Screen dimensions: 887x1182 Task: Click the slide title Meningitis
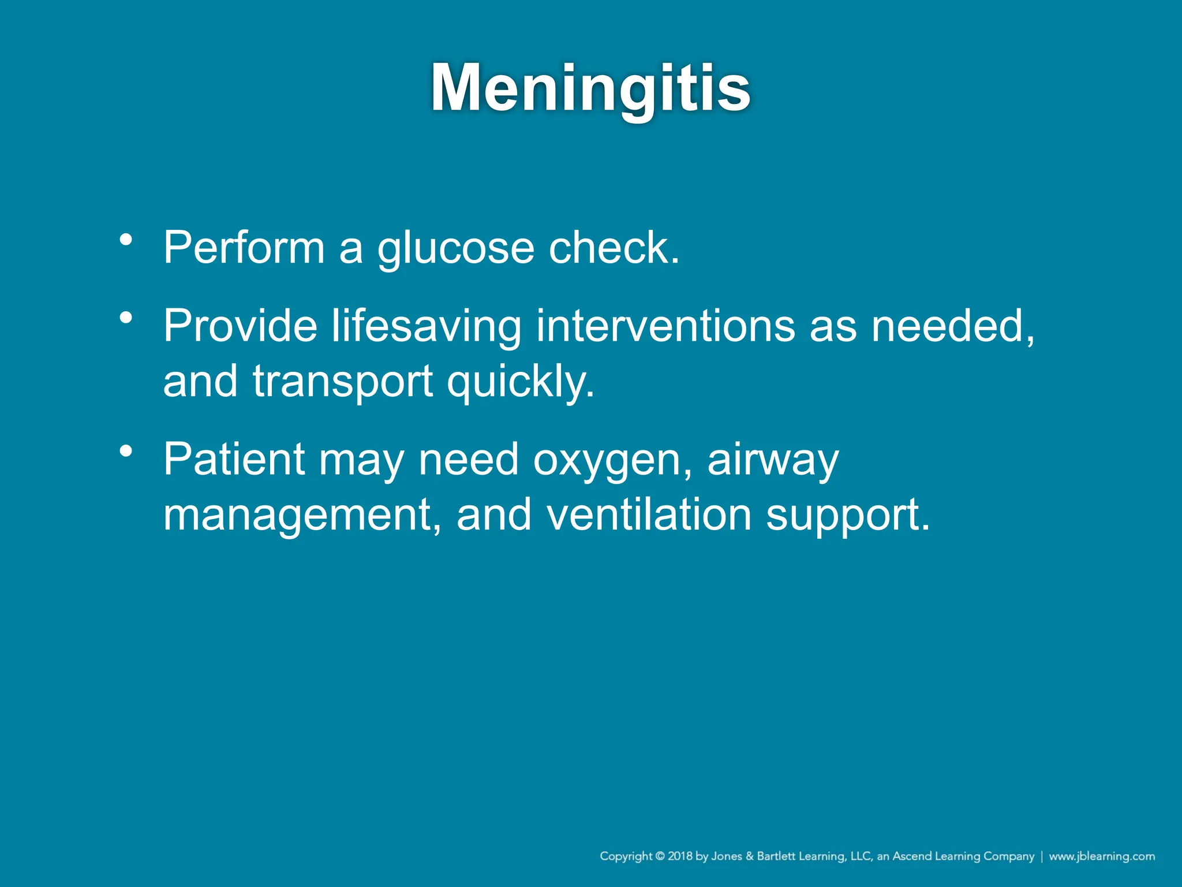point(590,88)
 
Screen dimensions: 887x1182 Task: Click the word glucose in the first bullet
point(456,249)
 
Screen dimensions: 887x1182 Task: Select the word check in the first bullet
point(613,248)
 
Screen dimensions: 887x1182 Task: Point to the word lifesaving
point(427,327)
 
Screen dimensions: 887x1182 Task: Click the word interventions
point(666,326)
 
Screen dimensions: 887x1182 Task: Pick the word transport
point(343,382)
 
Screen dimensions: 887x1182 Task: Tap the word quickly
point(520,382)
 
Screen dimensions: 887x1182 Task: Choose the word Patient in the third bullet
point(234,459)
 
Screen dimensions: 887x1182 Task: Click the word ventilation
point(649,515)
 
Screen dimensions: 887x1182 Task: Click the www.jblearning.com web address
point(1102,856)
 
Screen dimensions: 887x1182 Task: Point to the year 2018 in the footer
point(680,856)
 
